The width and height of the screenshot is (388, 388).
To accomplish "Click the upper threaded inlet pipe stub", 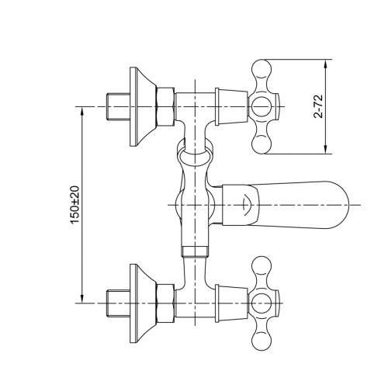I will [x=116, y=104].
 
